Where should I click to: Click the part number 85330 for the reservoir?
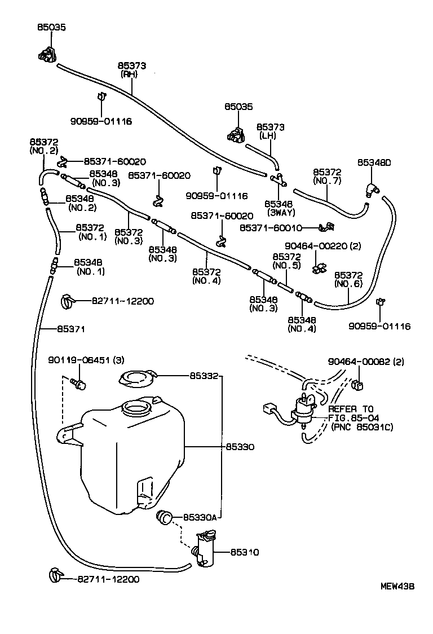click(240, 446)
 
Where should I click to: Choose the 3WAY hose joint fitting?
click(278, 180)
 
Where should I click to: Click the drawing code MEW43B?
click(397, 586)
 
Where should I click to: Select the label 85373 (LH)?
click(271, 131)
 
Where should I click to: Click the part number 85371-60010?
click(271, 228)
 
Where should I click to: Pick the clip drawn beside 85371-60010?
click(326, 228)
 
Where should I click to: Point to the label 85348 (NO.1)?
click(91, 267)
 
